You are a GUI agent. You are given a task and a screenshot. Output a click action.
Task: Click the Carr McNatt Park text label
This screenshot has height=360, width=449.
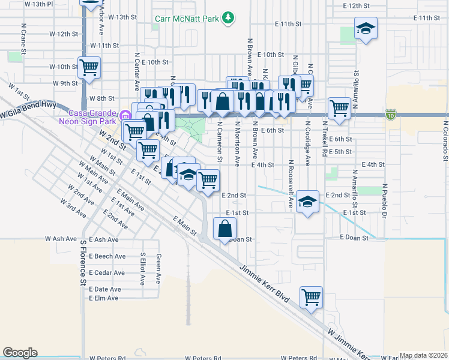click(x=186, y=19)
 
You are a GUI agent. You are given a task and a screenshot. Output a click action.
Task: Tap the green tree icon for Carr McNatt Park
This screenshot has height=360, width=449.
click(x=228, y=18)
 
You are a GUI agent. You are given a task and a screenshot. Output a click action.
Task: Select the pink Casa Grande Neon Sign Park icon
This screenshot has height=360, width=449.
click(x=125, y=115)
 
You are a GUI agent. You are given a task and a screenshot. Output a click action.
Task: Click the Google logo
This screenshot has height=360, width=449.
click(x=20, y=353)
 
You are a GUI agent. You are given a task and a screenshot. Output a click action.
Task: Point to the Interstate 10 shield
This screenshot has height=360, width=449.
click(x=391, y=113)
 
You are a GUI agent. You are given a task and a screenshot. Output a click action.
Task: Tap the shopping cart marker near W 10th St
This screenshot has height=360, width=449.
click(x=89, y=67)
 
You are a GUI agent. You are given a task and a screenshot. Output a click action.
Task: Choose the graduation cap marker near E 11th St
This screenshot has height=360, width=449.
click(x=365, y=29)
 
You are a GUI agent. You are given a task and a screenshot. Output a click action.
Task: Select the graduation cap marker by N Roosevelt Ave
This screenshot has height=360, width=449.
click(x=307, y=203)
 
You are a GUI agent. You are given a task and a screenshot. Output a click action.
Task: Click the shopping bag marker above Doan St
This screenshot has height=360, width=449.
click(x=224, y=229)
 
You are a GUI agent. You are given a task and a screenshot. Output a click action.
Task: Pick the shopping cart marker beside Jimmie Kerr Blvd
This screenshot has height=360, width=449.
click(x=311, y=296)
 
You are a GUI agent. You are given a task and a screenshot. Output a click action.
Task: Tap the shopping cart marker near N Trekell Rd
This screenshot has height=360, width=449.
click(x=339, y=109)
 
